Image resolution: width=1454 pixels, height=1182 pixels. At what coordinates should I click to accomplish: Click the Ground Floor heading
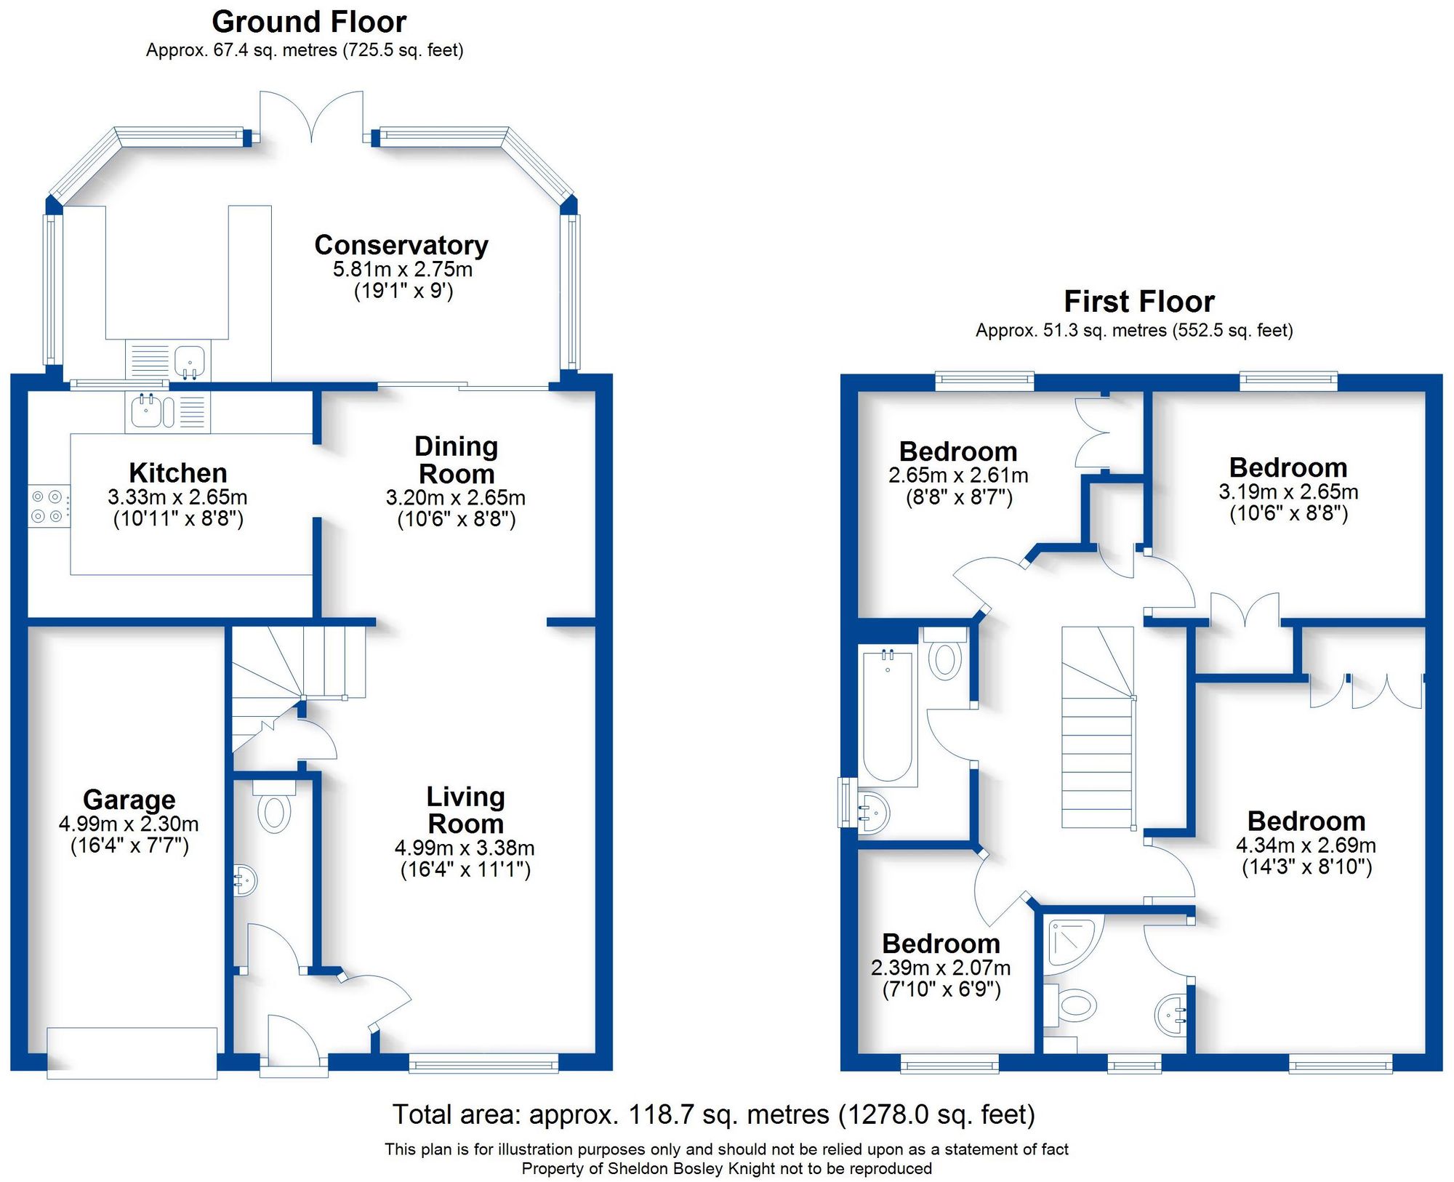(x=308, y=22)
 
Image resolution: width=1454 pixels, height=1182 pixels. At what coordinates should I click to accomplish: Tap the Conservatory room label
(x=401, y=245)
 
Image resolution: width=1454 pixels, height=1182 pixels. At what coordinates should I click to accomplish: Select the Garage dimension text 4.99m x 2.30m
(x=129, y=824)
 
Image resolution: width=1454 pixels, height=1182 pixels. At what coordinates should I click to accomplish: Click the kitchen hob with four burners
(x=48, y=507)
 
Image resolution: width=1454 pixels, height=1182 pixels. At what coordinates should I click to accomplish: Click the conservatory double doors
(x=311, y=116)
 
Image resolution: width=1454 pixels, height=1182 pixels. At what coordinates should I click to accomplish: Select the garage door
(x=132, y=1053)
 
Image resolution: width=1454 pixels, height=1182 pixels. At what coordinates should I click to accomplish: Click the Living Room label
(x=465, y=810)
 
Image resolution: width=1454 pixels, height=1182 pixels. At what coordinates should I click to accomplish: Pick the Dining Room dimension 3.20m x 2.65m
(x=455, y=498)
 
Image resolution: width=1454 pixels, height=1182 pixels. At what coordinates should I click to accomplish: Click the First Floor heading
(x=1138, y=301)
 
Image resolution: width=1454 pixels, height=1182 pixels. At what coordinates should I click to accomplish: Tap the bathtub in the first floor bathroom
(x=887, y=716)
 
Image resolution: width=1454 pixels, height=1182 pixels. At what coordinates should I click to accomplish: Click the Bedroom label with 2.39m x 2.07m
(x=941, y=944)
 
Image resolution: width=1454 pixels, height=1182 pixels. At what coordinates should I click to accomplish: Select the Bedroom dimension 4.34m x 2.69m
(x=1306, y=845)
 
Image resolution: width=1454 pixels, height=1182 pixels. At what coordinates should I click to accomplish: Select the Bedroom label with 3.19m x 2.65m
(x=1288, y=467)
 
